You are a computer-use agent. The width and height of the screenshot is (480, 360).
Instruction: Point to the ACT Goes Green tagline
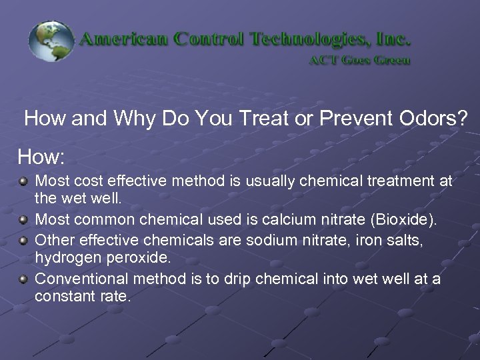(359, 60)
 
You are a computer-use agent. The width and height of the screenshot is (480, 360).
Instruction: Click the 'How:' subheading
(41, 157)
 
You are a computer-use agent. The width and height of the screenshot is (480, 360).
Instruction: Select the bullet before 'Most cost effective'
(24, 181)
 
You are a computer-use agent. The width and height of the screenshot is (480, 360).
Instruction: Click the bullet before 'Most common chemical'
(24, 219)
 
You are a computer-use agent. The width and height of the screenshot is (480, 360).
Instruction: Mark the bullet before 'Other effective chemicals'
(24, 239)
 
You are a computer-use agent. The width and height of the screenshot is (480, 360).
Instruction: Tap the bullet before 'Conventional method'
(24, 278)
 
